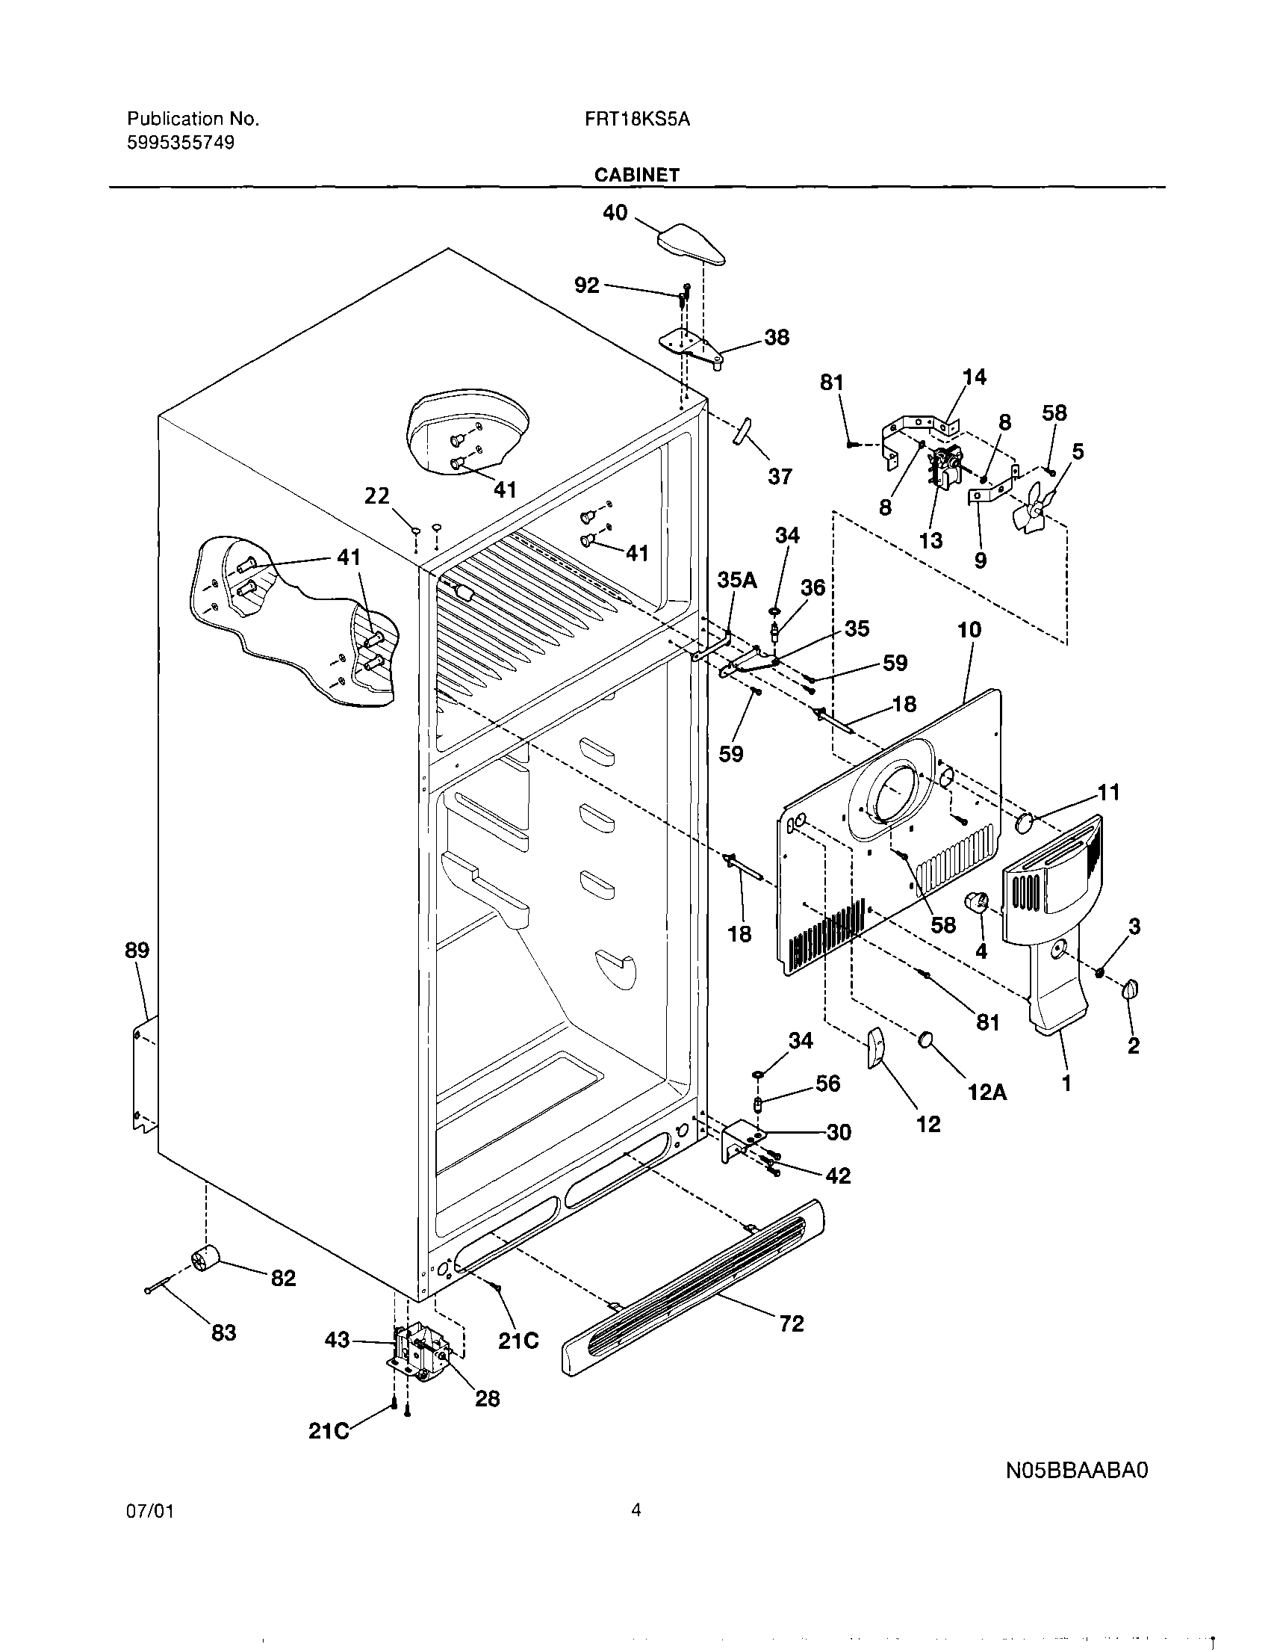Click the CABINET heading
coord(636,175)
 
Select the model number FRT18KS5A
coord(636,119)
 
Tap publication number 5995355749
coord(181,143)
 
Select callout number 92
coord(587,285)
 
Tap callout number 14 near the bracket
coord(974,376)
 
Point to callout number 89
coord(137,950)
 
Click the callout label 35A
coord(736,579)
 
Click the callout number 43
coord(337,1339)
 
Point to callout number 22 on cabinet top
coord(377,495)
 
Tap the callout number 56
coord(827,1083)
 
